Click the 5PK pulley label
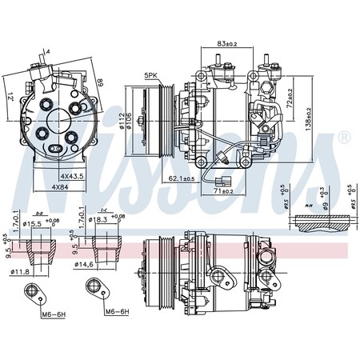pos(150,76)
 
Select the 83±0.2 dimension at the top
pos(227,43)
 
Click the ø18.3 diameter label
pos(99,218)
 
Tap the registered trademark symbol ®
pos(344,138)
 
